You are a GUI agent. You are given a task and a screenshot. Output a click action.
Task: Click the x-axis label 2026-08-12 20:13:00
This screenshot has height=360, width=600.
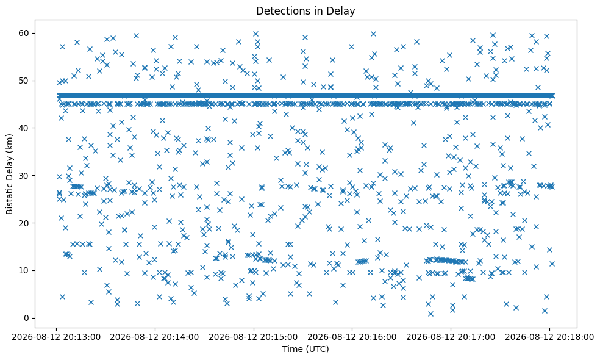[56, 337]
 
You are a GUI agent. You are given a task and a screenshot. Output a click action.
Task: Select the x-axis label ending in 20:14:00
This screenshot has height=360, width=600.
[155, 337]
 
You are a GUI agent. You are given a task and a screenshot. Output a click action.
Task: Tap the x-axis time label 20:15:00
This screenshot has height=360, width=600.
[253, 337]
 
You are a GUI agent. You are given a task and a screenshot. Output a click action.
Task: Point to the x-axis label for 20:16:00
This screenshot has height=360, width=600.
[352, 337]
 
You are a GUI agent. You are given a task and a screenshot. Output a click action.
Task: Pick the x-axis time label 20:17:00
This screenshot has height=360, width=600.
[451, 337]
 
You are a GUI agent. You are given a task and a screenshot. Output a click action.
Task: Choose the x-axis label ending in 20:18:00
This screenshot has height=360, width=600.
[549, 337]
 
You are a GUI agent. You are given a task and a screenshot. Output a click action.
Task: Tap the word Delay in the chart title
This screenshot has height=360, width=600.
[344, 12]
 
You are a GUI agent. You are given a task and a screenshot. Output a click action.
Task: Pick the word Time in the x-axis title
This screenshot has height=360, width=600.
[292, 349]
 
